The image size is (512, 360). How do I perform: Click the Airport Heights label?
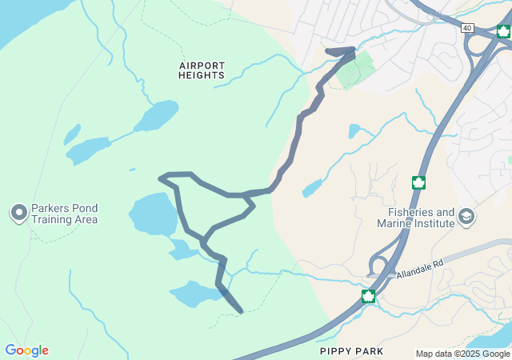click(202, 70)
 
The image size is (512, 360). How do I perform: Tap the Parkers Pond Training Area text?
click(65, 214)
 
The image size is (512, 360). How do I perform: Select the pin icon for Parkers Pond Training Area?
click(18, 213)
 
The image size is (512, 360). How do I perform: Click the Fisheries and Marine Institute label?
click(421, 218)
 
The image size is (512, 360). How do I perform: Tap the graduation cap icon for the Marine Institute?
click(466, 216)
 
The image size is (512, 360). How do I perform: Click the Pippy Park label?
click(351, 351)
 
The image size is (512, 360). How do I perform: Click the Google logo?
click(26, 350)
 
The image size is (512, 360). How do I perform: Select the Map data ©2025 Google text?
click(462, 354)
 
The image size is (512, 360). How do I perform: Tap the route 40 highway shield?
click(467, 28)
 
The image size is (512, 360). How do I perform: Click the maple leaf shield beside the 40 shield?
click(503, 31)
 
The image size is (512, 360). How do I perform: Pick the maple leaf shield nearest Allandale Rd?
click(368, 297)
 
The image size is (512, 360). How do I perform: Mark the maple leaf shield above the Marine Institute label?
click(418, 182)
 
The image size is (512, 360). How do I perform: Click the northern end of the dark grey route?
click(353, 50)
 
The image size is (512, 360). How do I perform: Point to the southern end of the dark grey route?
click(240, 310)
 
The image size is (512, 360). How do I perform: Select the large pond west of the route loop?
click(153, 214)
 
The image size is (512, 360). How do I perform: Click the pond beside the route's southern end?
click(195, 294)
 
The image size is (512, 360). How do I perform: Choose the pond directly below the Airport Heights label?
click(157, 116)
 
